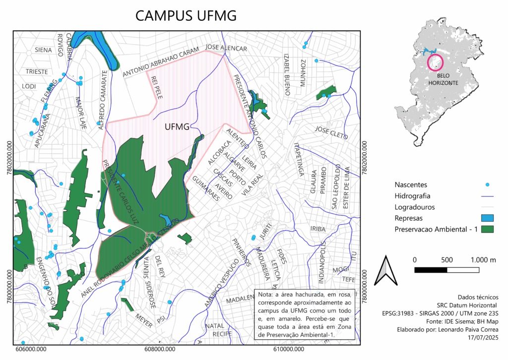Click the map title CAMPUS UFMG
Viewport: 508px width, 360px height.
[186, 16]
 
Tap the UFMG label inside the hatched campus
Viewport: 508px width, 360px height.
[177, 127]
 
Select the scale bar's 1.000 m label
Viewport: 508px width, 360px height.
[480, 260]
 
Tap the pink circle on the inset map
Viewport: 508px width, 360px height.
[435, 62]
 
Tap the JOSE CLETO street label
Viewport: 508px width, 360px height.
[329, 132]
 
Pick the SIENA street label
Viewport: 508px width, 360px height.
[43, 50]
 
